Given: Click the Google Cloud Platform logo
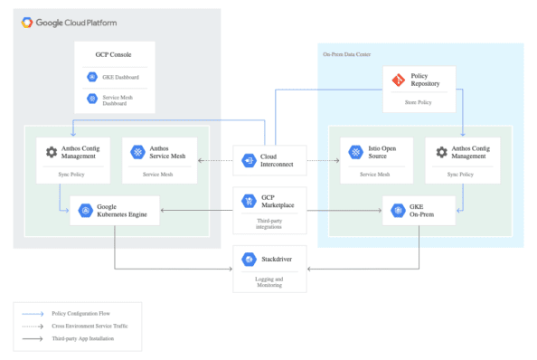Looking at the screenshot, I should click(x=30, y=22).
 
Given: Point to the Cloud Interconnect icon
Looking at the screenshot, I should click(x=249, y=160).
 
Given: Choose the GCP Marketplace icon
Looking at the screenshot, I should click(x=249, y=201).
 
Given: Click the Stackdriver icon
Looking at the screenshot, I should click(x=249, y=261).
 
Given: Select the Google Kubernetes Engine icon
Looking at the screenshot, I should click(x=84, y=211).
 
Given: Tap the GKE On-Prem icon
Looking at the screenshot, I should click(x=397, y=211).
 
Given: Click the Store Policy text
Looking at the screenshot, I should click(x=418, y=101).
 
